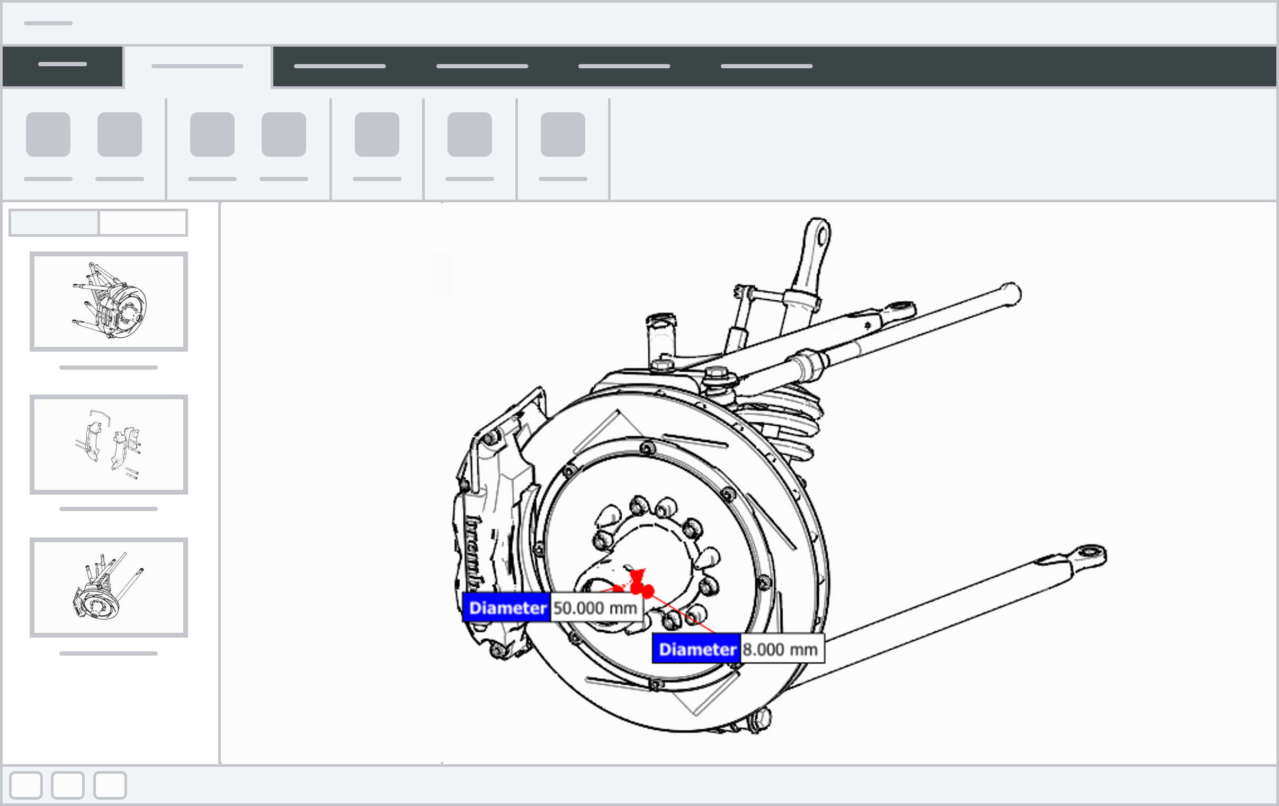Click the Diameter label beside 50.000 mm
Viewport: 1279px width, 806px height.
pos(507,608)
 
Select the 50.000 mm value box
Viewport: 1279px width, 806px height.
pos(595,608)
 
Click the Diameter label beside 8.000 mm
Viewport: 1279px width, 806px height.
pos(696,649)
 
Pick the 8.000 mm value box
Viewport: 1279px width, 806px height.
pos(781,649)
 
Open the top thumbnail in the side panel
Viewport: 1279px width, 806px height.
pos(109,301)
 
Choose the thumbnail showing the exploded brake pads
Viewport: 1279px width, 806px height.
pos(109,444)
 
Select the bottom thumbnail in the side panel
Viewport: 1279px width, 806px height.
pos(109,587)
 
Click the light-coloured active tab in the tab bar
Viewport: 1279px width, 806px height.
pos(197,66)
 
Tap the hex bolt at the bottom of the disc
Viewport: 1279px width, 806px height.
pos(759,720)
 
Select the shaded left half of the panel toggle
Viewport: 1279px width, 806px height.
pos(54,222)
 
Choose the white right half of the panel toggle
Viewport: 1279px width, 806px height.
pos(143,222)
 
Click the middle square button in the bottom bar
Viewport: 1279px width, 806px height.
pos(67,785)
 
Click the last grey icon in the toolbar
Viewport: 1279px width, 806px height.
pos(562,135)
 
